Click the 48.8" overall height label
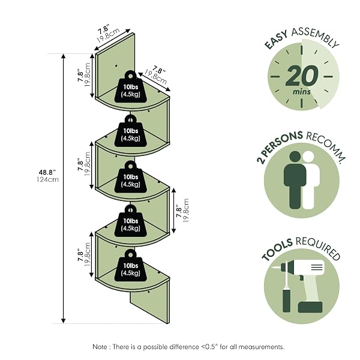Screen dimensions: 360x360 [x=47, y=172]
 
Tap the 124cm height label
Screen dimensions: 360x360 [x=48, y=179]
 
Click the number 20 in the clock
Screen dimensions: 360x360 [x=302, y=76]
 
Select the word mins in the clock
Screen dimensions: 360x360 [x=301, y=92]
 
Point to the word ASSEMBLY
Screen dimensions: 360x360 [x=315, y=37]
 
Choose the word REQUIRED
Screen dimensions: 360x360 [x=318, y=247]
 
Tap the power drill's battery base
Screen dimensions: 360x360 [x=310, y=307]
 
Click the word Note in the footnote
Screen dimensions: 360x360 [x=100, y=347]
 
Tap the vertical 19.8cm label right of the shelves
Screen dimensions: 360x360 [x=186, y=210]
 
